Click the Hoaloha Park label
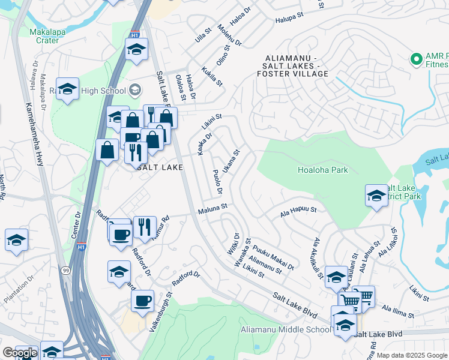point(323,170)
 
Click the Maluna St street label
point(213,206)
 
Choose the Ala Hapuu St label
point(298,210)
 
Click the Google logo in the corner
point(20,353)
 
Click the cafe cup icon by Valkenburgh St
point(142,301)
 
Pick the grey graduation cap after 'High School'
point(135,91)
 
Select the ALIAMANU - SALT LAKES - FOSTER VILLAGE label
point(297,66)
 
